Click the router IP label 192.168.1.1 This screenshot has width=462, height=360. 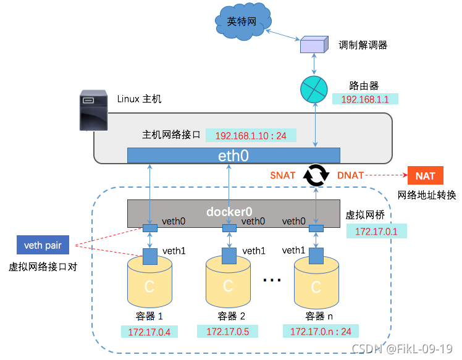[x=364, y=99]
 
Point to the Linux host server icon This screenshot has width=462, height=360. [x=93, y=111]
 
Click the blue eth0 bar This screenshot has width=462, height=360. [x=233, y=156]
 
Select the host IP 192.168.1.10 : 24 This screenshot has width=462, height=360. [x=250, y=135]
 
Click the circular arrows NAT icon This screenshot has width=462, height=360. [x=314, y=176]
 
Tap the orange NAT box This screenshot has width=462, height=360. [x=425, y=176]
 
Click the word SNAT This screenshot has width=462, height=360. [x=283, y=176]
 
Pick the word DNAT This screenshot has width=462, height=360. [x=350, y=176]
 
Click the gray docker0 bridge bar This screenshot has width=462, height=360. [x=233, y=212]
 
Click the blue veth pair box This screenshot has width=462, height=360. [x=43, y=246]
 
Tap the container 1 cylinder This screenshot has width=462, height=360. [x=149, y=284]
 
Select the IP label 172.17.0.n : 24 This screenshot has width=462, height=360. [x=321, y=332]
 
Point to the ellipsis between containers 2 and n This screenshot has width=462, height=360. [x=272, y=280]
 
